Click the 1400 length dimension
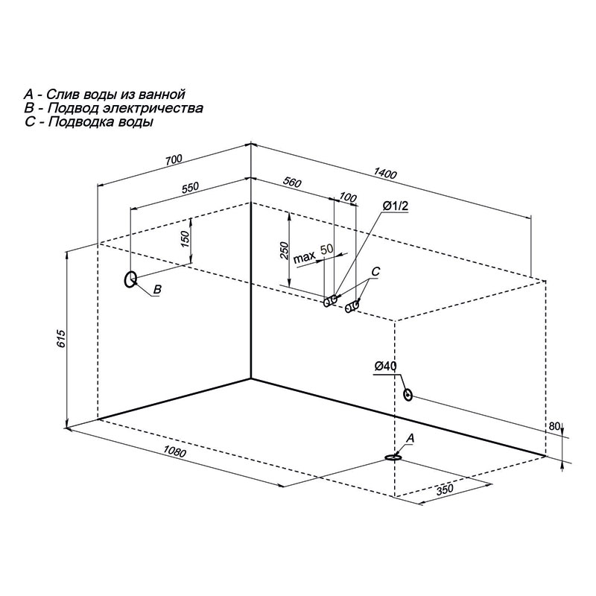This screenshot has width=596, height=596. tap(385, 174)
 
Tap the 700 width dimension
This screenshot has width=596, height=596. tap(174, 159)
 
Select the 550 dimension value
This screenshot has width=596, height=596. tap(190, 188)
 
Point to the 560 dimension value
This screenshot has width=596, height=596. tap(292, 183)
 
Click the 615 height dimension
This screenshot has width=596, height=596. tap(62, 339)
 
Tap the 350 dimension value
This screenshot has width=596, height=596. tap(444, 489)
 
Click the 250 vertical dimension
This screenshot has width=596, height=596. tap(284, 250)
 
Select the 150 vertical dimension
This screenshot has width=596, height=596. tap(185, 238)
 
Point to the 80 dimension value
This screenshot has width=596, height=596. tap(554, 426)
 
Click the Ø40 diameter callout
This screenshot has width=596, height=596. tap(385, 366)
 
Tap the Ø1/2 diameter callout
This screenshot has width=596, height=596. tap(396, 206)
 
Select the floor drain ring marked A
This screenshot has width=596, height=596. tap(393, 457)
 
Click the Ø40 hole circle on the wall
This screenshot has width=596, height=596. tap(408, 395)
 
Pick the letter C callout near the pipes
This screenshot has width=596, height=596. tap(375, 271)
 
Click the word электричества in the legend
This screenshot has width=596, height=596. tap(153, 108)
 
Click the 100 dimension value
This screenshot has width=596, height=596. tap(347, 197)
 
